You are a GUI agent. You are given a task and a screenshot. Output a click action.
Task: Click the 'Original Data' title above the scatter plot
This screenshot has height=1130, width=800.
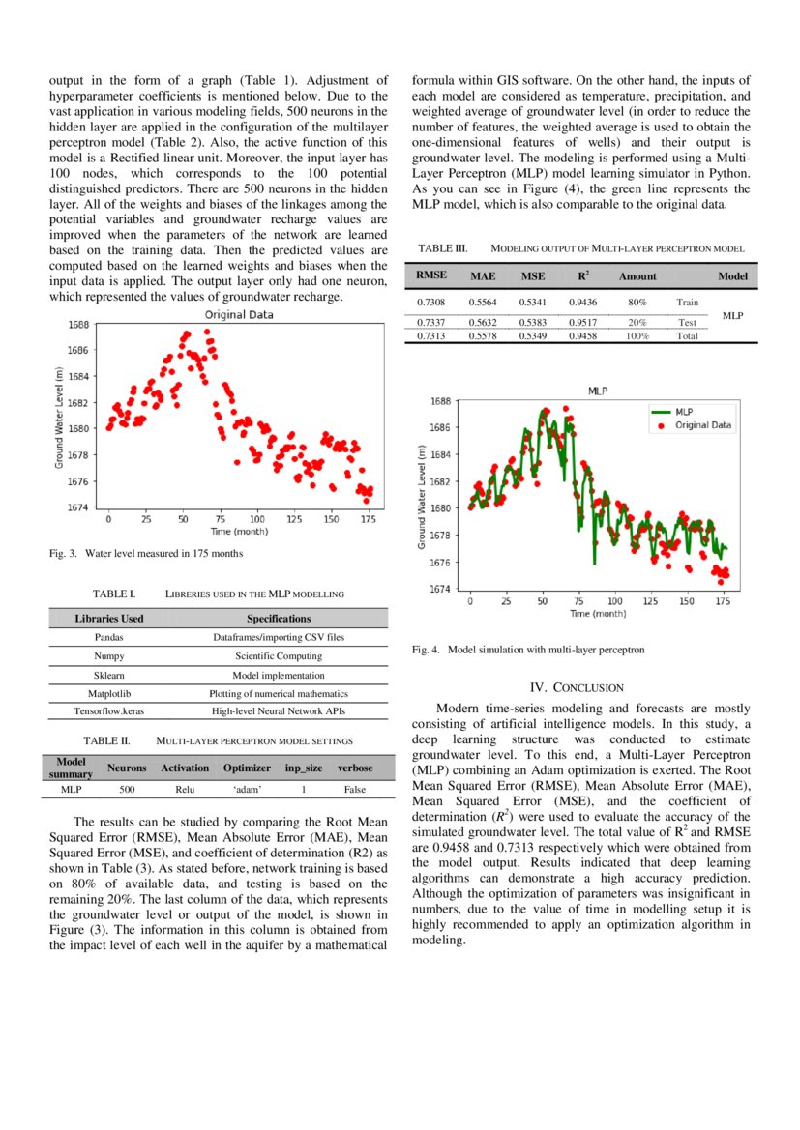pos(238,314)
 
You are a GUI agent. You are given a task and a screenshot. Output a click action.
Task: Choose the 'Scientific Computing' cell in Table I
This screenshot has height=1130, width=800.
pos(279,656)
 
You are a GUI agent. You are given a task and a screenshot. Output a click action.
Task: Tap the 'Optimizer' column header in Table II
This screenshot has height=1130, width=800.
pos(247,768)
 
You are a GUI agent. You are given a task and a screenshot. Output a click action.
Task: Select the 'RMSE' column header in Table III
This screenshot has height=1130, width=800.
pos(430,275)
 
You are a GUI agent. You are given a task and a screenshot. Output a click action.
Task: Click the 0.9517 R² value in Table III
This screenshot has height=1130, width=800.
pos(582,322)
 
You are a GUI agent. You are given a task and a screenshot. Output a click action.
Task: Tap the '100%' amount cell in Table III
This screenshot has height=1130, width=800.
pos(637,335)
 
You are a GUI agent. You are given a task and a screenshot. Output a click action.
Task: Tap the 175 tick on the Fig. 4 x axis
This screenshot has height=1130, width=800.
pos(723,601)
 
